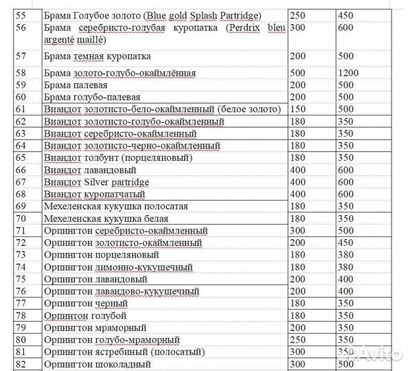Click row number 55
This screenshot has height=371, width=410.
click(x=22, y=14)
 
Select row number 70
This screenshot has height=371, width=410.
click(x=22, y=218)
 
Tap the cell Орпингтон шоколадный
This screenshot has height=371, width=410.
click(x=97, y=364)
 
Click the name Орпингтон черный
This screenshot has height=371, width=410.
click(x=86, y=304)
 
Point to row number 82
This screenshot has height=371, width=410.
click(x=22, y=364)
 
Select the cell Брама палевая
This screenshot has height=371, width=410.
click(x=75, y=85)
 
